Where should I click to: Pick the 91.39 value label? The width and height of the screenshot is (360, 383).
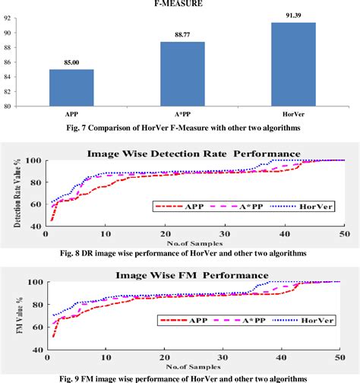click(294, 16)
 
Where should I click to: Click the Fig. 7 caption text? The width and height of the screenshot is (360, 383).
click(179, 127)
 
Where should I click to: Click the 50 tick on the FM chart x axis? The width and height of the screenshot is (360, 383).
click(342, 356)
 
